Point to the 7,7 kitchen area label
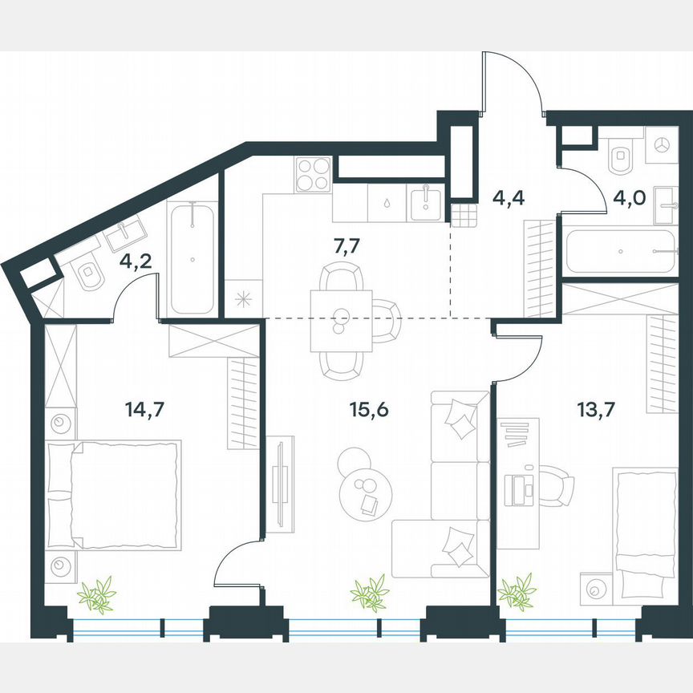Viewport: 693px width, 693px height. tap(346, 245)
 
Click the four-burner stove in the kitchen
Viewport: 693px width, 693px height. tap(313, 174)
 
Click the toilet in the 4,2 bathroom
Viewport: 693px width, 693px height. tap(89, 276)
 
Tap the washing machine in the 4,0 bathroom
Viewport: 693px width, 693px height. tap(663, 146)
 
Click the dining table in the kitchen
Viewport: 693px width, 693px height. tap(340, 321)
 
